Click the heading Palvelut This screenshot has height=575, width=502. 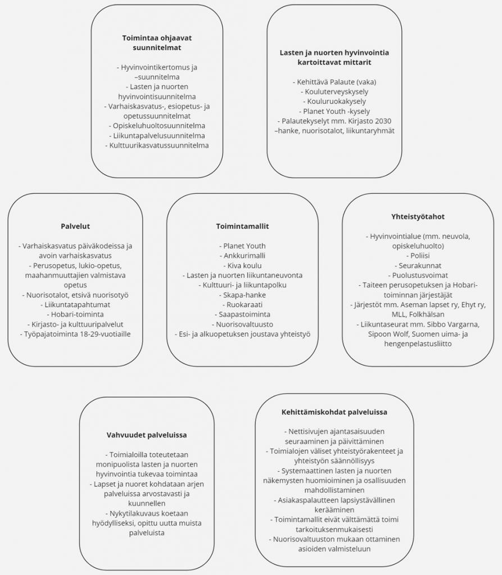click(x=75, y=226)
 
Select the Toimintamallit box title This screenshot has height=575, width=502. click(x=242, y=226)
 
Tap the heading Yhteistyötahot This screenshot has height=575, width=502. click(x=418, y=216)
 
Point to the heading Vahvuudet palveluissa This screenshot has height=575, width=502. click(x=147, y=435)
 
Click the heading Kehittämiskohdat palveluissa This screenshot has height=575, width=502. click(x=334, y=412)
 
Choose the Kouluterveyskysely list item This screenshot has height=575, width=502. click(x=334, y=92)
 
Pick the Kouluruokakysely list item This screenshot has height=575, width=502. click(x=334, y=102)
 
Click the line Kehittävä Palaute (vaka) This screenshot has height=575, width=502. click(x=334, y=82)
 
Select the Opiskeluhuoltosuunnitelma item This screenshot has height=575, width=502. click(x=157, y=126)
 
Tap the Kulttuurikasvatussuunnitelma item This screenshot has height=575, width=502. click(x=157, y=145)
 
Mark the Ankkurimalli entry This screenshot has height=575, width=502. click(x=242, y=255)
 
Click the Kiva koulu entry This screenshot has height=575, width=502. click(x=242, y=266)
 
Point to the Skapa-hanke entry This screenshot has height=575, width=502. click(x=242, y=295)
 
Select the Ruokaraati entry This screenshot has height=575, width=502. click(x=242, y=305)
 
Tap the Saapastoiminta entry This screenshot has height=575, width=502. click(x=242, y=314)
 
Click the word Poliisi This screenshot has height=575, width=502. click(x=418, y=255)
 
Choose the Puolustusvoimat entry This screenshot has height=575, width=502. click(x=418, y=275)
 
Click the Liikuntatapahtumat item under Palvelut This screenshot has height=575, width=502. click(x=75, y=305)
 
